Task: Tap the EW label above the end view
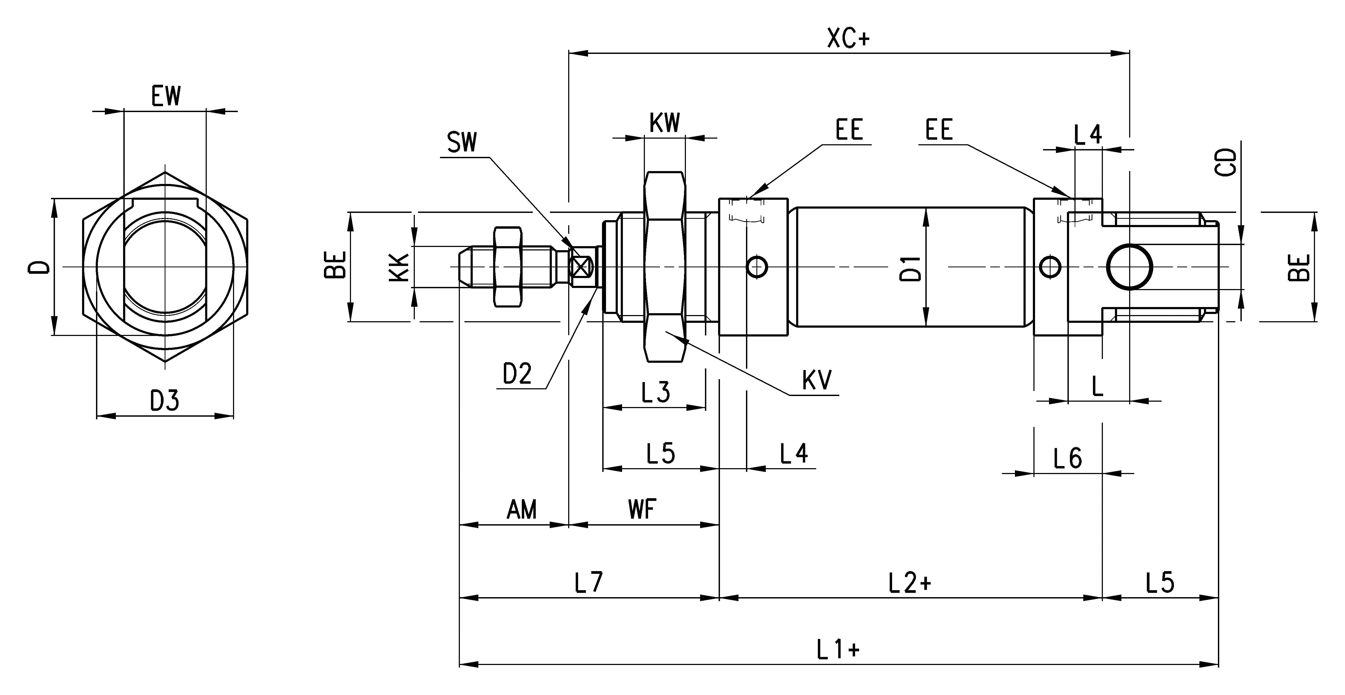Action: click(166, 97)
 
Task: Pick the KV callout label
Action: click(816, 381)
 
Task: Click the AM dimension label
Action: click(522, 510)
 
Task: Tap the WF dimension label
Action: click(642, 510)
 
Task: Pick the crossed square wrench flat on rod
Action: click(581, 267)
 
